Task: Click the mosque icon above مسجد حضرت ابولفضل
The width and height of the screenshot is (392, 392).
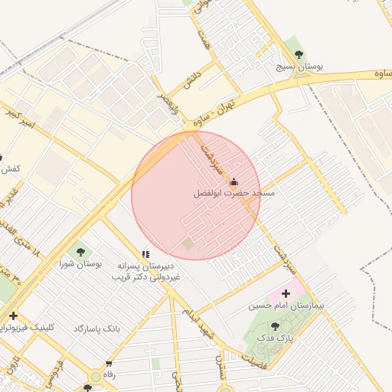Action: point(234,181)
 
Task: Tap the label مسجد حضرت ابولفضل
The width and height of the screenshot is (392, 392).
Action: point(234,194)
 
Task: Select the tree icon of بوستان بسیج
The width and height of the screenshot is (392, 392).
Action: point(299,54)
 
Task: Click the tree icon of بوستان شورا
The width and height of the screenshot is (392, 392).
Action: point(80,250)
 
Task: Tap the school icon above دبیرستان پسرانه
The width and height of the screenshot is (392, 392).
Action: point(145,254)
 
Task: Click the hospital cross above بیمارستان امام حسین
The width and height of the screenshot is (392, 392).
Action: point(286,292)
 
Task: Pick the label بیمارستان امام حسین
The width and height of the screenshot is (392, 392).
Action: point(286,305)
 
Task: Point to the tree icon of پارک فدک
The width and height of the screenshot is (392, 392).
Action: point(275,326)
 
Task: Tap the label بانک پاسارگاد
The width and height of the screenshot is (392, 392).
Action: point(97,328)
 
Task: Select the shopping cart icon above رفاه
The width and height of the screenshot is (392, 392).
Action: point(109,364)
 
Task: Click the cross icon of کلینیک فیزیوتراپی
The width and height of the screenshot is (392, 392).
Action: point(12,315)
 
